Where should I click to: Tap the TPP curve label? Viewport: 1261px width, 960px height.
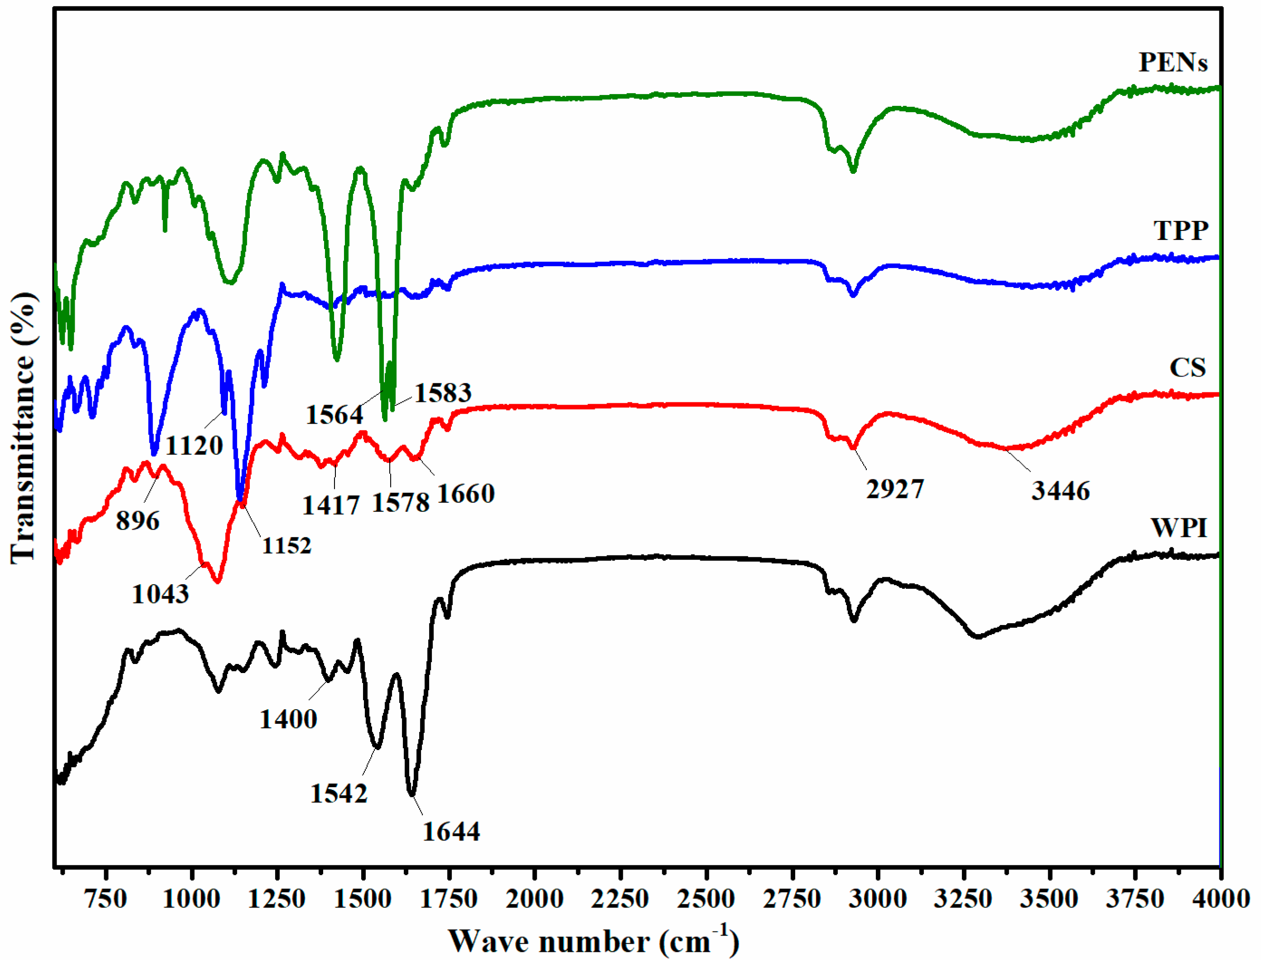coord(1180,231)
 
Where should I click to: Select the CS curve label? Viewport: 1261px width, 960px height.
coord(1187,368)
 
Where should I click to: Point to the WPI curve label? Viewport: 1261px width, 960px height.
coord(1179,527)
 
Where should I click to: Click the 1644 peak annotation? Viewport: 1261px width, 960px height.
coord(451,831)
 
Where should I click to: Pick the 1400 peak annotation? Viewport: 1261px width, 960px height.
coord(288,719)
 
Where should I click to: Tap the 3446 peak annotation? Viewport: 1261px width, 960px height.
coord(1060,491)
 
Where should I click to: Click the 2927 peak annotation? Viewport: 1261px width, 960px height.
coord(895,490)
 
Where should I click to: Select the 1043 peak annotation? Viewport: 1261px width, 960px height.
coord(161,595)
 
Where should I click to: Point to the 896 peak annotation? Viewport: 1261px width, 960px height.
coord(138,521)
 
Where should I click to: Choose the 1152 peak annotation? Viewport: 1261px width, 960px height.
coord(287,546)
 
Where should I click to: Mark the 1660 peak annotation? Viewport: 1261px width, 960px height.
coord(466,494)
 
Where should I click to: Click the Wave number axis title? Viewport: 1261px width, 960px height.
coord(593,941)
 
